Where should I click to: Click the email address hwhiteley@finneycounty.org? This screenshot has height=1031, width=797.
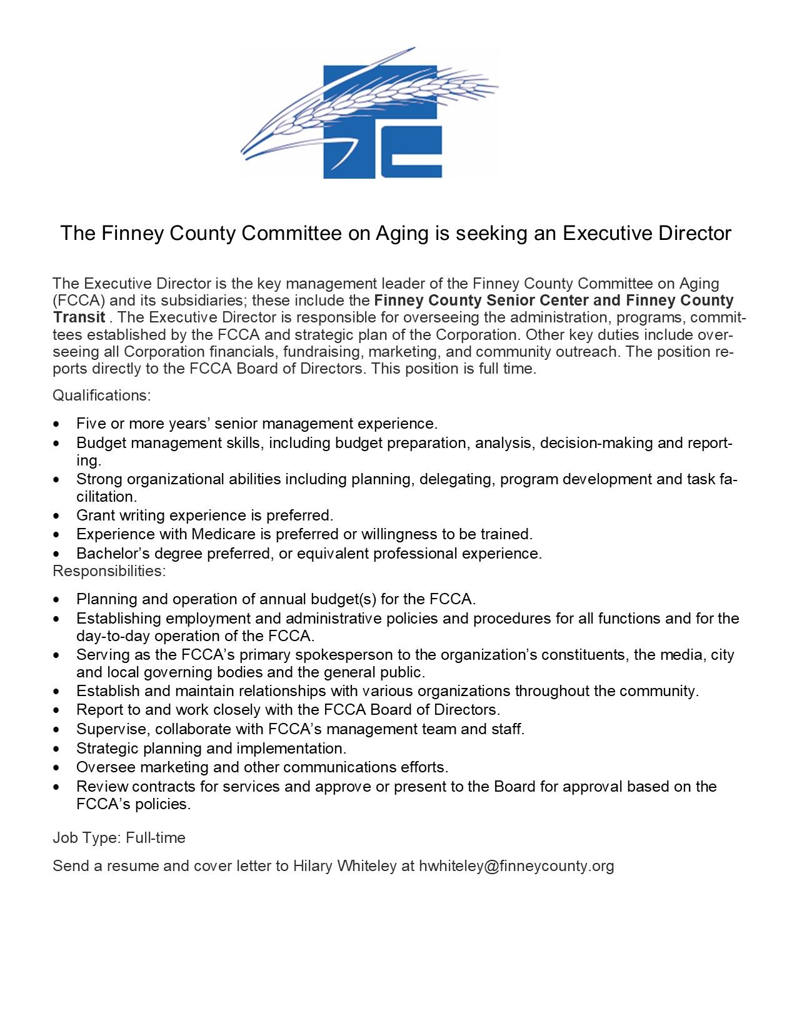pyautogui.click(x=516, y=866)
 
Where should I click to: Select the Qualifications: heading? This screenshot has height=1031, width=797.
pyautogui.click(x=102, y=396)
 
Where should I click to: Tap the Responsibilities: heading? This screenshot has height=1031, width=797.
pyautogui.click(x=109, y=571)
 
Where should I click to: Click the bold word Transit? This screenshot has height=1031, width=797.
pyautogui.click(x=79, y=317)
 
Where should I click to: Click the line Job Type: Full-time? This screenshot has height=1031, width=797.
pyautogui.click(x=119, y=838)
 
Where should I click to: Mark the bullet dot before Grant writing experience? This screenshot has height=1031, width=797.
pyautogui.click(x=58, y=516)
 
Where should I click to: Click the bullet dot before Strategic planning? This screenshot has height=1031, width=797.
pyautogui.click(x=58, y=749)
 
